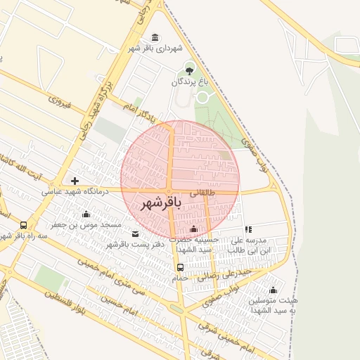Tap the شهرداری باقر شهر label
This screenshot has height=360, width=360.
(155, 49)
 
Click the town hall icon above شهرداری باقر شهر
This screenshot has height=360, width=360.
(155, 37)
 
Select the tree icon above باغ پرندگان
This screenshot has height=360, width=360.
(188, 70)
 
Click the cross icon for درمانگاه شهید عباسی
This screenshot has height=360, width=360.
(75, 181)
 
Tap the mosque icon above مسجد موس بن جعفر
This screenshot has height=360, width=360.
(86, 214)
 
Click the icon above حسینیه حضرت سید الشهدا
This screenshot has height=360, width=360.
(194, 229)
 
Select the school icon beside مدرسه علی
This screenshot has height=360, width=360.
(248, 229)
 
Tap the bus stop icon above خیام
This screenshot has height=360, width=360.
(180, 267)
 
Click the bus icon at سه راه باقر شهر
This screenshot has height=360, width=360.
(24, 226)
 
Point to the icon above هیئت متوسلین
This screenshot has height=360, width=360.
(273, 290)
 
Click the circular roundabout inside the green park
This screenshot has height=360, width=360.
(202, 97)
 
